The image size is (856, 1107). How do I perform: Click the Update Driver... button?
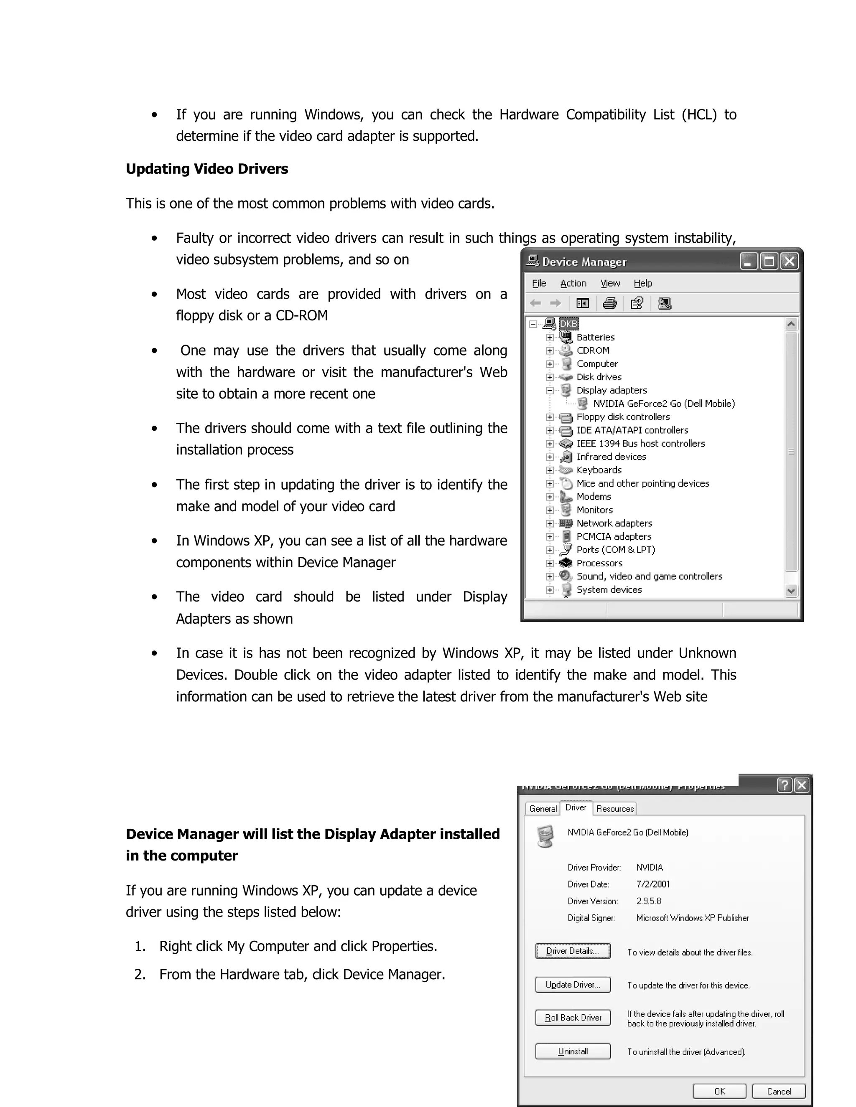pyautogui.click(x=573, y=984)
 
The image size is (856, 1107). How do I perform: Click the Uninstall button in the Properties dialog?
pyautogui.click(x=573, y=1051)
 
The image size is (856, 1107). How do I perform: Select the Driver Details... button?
pyautogui.click(x=573, y=951)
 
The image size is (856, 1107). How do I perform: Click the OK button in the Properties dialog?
pyautogui.click(x=719, y=1091)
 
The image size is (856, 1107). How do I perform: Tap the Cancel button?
pyautogui.click(x=778, y=1091)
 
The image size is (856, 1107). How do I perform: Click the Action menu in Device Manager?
pyautogui.click(x=573, y=283)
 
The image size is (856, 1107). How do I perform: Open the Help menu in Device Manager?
pyautogui.click(x=642, y=283)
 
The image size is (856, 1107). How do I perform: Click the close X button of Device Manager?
pyautogui.click(x=789, y=262)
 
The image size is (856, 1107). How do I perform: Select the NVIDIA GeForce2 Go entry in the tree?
pyautogui.click(x=663, y=404)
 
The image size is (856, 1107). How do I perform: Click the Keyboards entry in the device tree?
pyautogui.click(x=599, y=470)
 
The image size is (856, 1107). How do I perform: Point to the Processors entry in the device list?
pyautogui.click(x=599, y=563)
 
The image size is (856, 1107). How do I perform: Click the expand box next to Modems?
pyautogui.click(x=550, y=497)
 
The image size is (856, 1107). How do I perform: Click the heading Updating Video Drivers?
pyautogui.click(x=206, y=169)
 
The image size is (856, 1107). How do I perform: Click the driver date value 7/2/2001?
pyautogui.click(x=652, y=884)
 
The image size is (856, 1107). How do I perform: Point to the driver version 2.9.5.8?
pyautogui.click(x=649, y=901)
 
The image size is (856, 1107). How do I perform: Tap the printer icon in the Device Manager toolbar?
pyautogui.click(x=609, y=303)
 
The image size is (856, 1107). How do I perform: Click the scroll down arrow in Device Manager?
pyautogui.click(x=790, y=591)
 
